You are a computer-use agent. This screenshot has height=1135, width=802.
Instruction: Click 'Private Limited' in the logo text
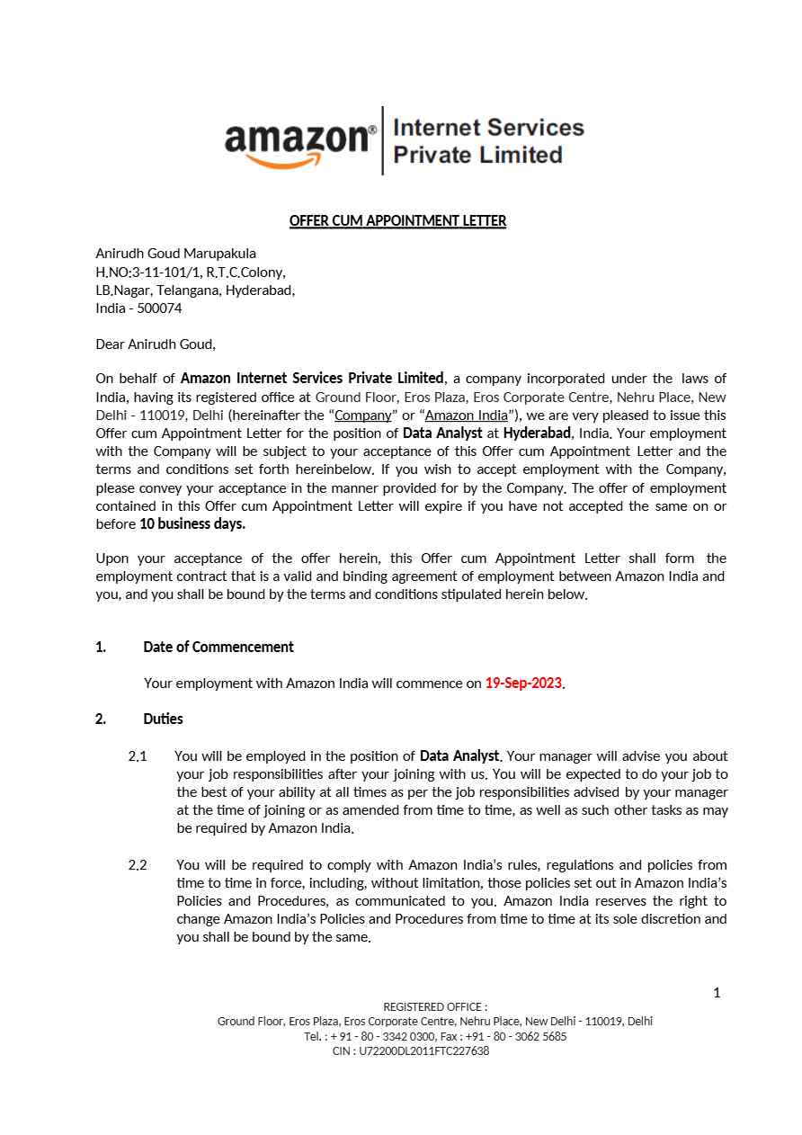pyautogui.click(x=477, y=155)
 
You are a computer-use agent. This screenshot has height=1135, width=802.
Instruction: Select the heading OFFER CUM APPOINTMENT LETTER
pyautogui.click(x=397, y=220)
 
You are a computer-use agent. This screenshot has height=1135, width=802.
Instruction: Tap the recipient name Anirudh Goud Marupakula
pyautogui.click(x=175, y=254)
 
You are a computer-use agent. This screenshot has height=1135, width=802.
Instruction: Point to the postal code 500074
pyautogui.click(x=159, y=308)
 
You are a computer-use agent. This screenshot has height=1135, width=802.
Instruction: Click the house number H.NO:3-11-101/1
pyautogui.click(x=148, y=272)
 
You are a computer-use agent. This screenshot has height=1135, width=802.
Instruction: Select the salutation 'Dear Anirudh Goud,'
pyautogui.click(x=156, y=344)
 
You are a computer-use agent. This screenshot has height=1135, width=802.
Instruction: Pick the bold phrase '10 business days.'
pyautogui.click(x=192, y=523)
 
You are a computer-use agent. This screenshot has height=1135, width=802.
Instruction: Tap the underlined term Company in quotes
pyautogui.click(x=362, y=415)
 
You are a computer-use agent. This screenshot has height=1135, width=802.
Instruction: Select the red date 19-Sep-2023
pyautogui.click(x=523, y=683)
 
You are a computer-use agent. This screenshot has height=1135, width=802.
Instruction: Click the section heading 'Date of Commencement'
pyautogui.click(x=218, y=647)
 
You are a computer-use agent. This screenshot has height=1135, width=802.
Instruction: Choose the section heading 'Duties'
pyautogui.click(x=163, y=719)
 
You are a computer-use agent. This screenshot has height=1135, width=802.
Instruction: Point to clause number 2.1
pyautogui.click(x=138, y=755)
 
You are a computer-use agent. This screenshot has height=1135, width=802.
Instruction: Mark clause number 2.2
pyautogui.click(x=138, y=864)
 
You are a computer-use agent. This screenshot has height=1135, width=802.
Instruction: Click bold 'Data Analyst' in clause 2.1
pyautogui.click(x=459, y=755)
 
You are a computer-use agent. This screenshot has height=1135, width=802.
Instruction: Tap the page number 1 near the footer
pyautogui.click(x=717, y=993)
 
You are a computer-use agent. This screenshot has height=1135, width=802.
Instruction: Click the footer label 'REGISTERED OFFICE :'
pyautogui.click(x=435, y=1007)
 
